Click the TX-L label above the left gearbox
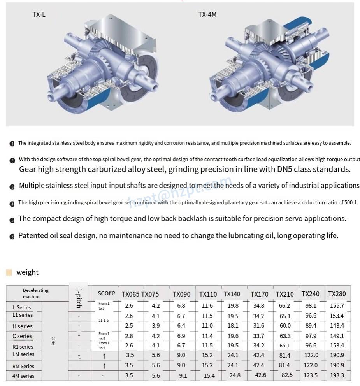click(39, 15)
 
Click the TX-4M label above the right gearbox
click(207, 15)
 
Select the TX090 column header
click(181, 294)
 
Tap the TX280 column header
click(337, 294)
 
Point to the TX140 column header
click(232, 294)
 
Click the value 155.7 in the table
click(337, 306)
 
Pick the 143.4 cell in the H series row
click(337, 326)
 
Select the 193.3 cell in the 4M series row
click(337, 375)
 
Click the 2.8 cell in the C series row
click(129, 336)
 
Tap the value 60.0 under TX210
click(285, 326)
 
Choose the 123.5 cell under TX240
click(311, 375)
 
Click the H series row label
click(23, 326)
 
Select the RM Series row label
click(23, 366)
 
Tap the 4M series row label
click(23, 376)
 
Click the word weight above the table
click(27, 272)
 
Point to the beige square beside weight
click(9, 272)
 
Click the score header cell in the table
click(106, 293)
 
